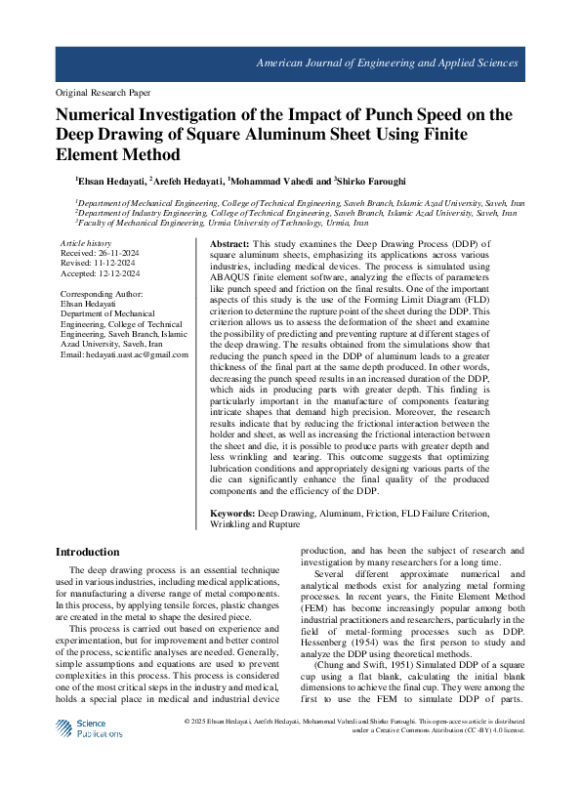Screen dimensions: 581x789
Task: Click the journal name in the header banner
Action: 387,62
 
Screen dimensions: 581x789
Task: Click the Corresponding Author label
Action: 102,294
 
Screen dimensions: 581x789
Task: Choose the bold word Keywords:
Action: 233,513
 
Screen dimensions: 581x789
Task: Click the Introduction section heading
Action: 87,553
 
